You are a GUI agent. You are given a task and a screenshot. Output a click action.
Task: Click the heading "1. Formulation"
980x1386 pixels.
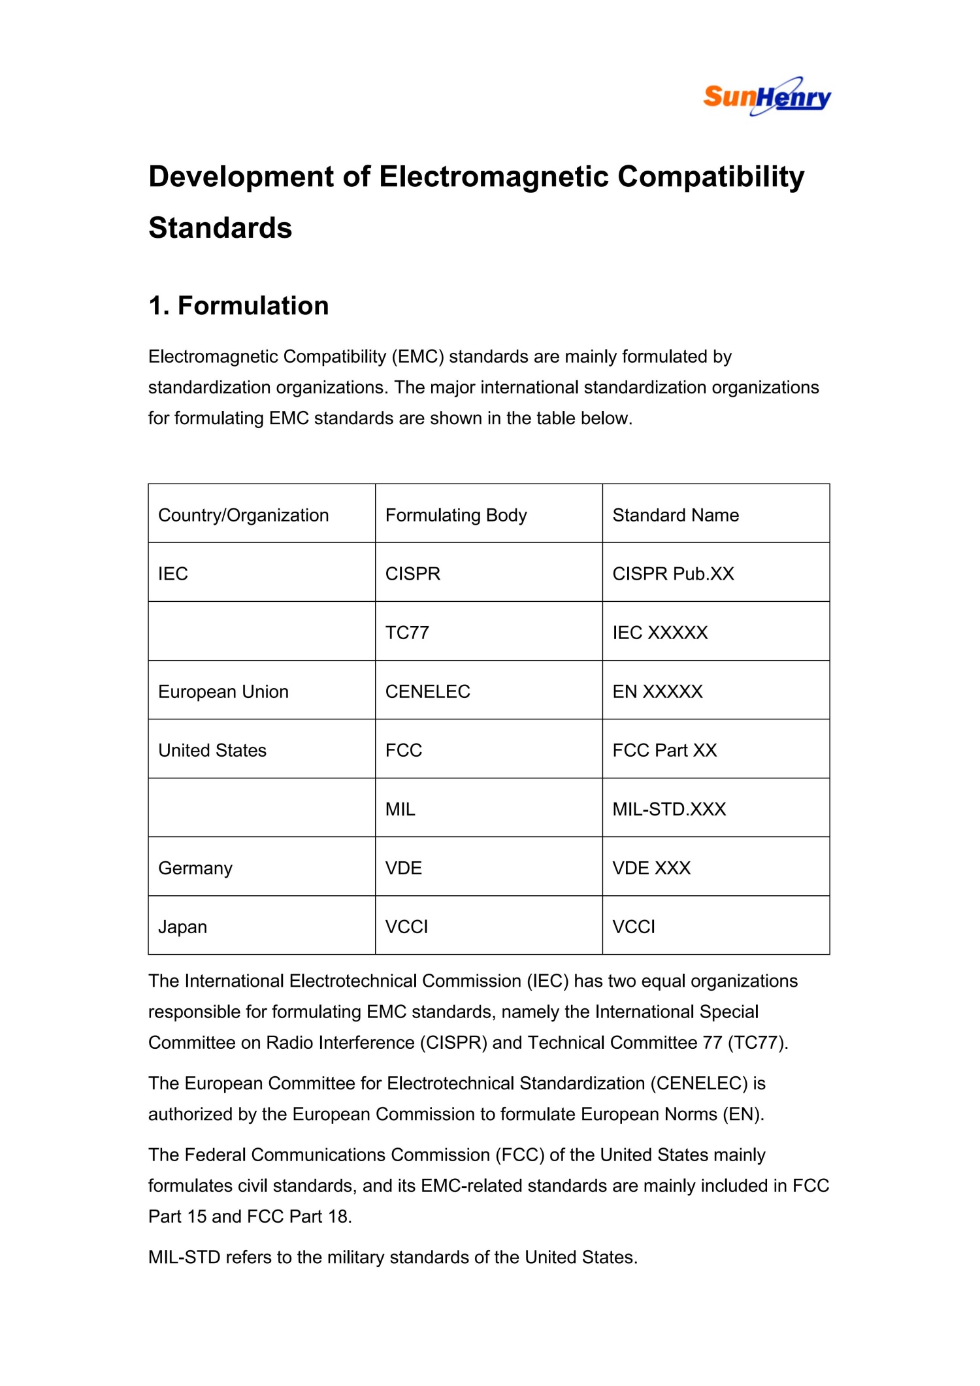coord(238,306)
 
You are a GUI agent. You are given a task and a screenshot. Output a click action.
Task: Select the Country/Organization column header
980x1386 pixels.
coord(243,515)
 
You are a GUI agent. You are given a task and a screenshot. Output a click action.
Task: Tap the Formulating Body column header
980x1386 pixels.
coord(455,515)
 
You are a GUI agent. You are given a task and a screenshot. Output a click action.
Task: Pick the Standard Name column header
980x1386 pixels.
coord(676,515)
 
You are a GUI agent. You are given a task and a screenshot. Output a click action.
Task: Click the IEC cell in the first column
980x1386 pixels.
coord(173,574)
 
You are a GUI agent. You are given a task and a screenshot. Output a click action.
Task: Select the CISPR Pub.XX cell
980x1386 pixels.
coord(673,574)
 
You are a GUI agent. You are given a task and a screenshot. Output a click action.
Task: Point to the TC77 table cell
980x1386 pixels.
coord(407,633)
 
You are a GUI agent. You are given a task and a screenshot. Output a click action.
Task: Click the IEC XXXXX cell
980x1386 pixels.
coord(660,633)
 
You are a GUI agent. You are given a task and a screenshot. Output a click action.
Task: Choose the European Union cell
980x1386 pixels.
coord(223,691)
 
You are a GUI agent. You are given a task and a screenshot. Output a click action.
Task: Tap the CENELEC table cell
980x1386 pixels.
coord(427,691)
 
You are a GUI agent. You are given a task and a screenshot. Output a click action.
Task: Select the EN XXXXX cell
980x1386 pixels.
coord(657,691)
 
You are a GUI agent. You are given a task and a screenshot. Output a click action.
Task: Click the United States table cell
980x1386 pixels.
coord(212,750)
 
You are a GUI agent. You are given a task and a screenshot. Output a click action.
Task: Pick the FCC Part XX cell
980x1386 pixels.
coord(664,750)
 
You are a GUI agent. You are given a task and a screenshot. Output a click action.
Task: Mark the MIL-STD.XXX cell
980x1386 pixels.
coord(669,809)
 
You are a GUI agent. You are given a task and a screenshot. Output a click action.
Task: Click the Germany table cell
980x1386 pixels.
coord(195,868)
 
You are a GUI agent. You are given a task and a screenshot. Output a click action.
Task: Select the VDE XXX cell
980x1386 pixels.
coord(651,868)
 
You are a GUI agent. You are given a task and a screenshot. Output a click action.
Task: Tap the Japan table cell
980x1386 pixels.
coord(182,927)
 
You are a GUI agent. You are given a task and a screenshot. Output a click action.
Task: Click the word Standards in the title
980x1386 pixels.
coord(220,228)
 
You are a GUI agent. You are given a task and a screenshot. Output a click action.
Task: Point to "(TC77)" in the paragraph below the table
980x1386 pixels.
coord(757,1042)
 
